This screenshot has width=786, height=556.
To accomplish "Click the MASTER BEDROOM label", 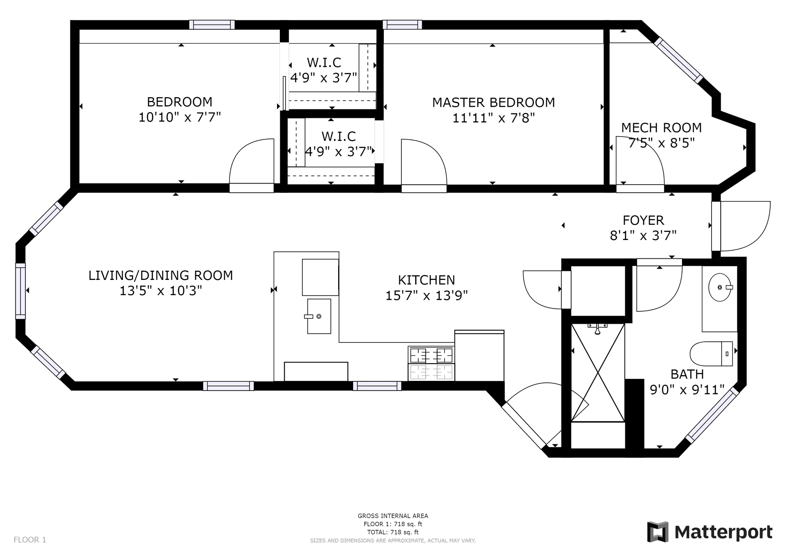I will click(x=493, y=103).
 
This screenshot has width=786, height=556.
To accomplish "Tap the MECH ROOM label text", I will click(x=661, y=127).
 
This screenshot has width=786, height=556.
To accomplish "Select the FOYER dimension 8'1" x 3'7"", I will click(x=643, y=235).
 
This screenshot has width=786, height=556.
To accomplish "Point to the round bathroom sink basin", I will click(x=719, y=287).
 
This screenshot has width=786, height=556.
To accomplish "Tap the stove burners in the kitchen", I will click(x=431, y=356).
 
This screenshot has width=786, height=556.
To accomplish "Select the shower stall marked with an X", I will click(x=598, y=372).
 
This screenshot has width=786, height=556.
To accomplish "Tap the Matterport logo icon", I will click(x=657, y=532).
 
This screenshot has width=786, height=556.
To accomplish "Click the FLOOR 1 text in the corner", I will click(x=30, y=540).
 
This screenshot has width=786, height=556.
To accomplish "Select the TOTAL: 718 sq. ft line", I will click(x=393, y=532).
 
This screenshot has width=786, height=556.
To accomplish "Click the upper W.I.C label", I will click(x=324, y=62).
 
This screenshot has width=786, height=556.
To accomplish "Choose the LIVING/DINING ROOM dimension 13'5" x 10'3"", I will click(x=160, y=291).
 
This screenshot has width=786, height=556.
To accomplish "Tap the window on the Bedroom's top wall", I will click(x=212, y=25).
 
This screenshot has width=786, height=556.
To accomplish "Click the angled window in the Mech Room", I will click(x=679, y=60).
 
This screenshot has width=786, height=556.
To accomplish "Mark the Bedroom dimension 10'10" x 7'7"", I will click(x=179, y=117).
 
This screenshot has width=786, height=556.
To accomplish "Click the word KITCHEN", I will click(x=426, y=280).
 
